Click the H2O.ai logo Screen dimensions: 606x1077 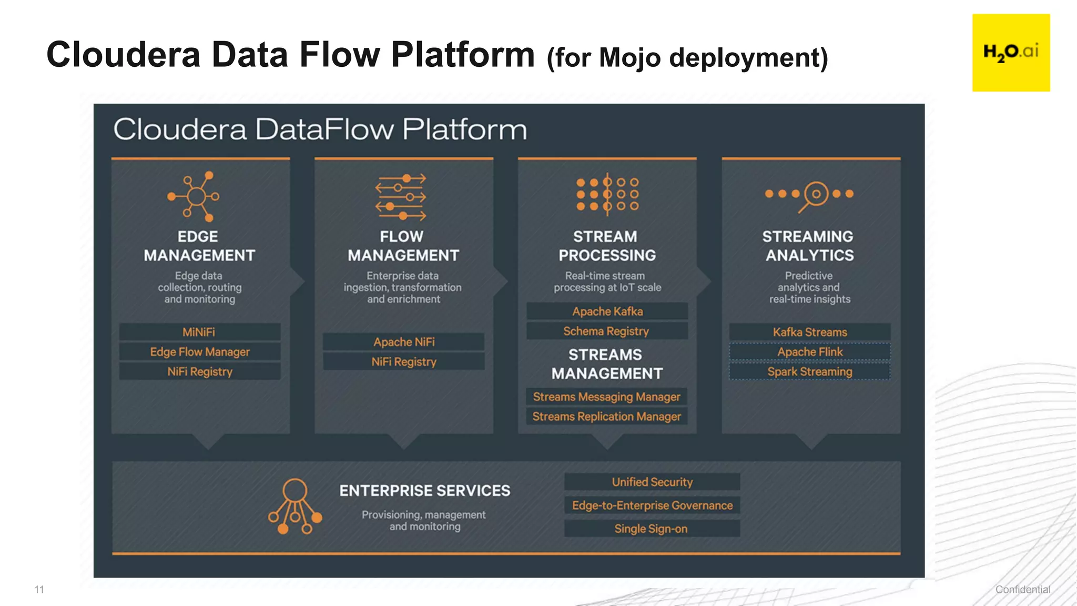coord(1011,53)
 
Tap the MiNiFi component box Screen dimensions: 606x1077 coord(199,332)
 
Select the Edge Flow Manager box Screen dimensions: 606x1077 coord(199,352)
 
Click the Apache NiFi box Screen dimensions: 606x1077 coord(403,342)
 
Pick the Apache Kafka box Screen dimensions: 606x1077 coord(607,311)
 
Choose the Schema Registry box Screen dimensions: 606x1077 coord(607,331)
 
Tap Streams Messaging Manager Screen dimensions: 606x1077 coord(606,397)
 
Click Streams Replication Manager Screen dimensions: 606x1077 coord(606,417)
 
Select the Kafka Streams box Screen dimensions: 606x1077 coord(810,332)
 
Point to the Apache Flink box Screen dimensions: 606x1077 coord(810,352)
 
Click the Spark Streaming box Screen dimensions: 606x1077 coord(810,372)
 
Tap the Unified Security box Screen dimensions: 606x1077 coord(652,482)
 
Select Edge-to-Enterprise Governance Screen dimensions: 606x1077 coord(652,506)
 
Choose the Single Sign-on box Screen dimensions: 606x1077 coord(652,529)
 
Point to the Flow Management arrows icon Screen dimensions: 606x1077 coord(401,197)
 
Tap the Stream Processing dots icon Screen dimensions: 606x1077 coord(607,194)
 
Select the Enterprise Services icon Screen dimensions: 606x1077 coord(294,506)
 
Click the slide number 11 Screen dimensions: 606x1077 coord(39,590)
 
